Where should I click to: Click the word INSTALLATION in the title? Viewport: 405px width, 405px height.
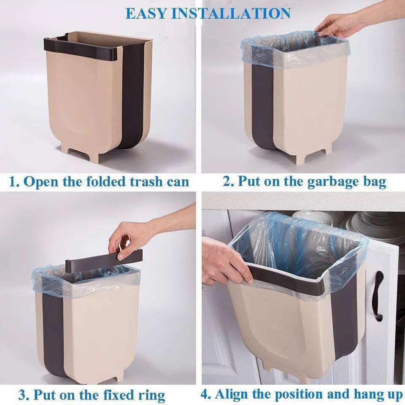tap(231, 13)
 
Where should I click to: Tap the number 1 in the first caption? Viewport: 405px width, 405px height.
tap(13, 182)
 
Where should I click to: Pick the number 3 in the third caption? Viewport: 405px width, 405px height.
tap(23, 395)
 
